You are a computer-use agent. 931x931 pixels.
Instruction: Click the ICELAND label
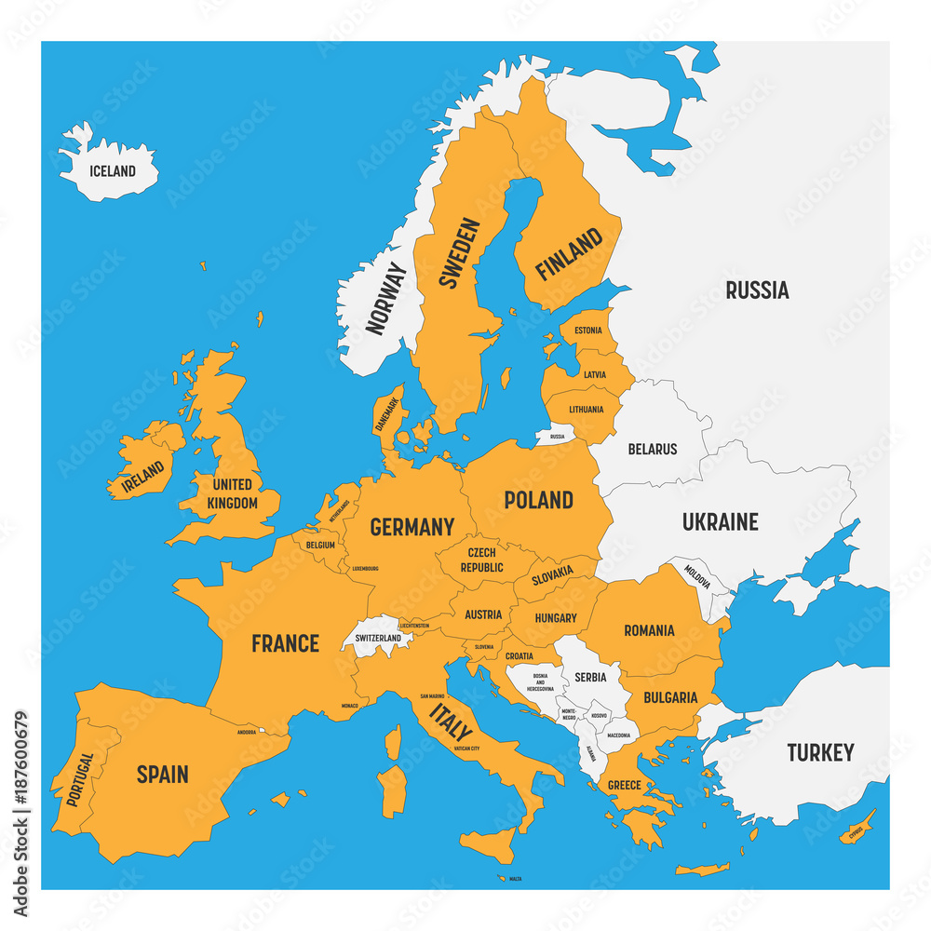tap(112, 171)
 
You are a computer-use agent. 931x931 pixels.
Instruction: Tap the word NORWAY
tap(386, 298)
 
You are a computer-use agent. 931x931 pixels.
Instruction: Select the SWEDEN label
tap(459, 253)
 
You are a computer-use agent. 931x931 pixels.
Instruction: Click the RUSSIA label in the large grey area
tap(757, 290)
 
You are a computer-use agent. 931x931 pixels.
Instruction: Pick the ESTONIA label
tap(587, 331)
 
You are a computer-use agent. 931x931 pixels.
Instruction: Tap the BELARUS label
tap(653, 449)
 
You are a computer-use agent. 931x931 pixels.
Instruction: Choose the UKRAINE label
tap(720, 522)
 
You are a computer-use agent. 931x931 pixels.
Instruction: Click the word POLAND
tap(538, 500)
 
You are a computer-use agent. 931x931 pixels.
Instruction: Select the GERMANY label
tap(412, 527)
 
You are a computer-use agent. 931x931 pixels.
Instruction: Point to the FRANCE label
tap(285, 643)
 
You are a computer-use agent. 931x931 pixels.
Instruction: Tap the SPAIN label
tap(162, 774)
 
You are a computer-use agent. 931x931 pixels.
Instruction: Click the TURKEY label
tap(819, 752)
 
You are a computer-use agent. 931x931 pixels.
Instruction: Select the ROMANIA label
tap(649, 631)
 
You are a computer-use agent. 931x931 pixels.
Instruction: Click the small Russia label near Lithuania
tap(557, 436)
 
